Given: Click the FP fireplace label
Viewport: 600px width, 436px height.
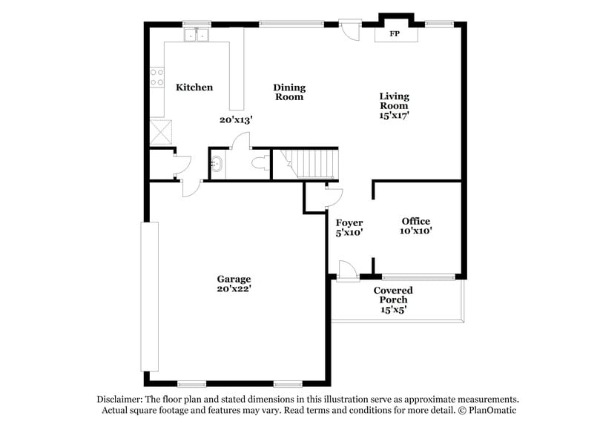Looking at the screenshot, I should (395, 34).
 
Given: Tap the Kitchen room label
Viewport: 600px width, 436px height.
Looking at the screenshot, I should (194, 87).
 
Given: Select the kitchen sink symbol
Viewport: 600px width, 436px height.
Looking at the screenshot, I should (197, 34).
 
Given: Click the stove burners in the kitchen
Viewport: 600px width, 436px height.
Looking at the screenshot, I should (156, 77).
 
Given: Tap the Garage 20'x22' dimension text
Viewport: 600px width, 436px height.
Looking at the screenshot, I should (234, 289).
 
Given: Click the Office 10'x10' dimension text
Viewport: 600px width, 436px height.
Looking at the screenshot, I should (415, 231).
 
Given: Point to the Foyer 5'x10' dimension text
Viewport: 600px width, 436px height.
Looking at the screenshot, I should (349, 232).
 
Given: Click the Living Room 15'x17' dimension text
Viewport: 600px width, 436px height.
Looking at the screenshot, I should (394, 115).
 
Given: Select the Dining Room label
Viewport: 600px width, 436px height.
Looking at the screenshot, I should (289, 92).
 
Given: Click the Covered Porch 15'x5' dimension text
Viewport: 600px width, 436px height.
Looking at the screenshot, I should (393, 309).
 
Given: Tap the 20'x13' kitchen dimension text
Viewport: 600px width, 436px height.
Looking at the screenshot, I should (236, 119).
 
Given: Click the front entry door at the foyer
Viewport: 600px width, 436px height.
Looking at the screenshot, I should (346, 271).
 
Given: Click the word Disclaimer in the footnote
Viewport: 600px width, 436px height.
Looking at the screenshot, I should (122, 399).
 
